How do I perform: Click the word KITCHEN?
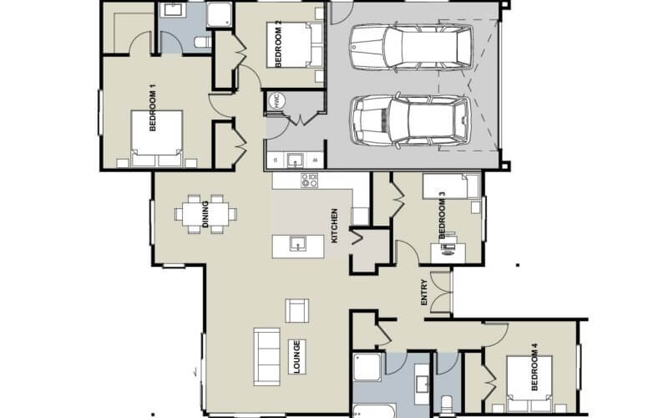point(334,226)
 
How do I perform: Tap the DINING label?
point(206,213)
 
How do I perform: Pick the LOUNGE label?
point(296,356)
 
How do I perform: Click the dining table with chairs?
point(205,212)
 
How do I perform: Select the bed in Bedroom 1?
point(157,137)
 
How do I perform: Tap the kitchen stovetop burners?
point(309,180)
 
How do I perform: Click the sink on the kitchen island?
point(296,244)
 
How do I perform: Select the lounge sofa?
point(267,354)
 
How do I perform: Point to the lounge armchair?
point(296,310)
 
